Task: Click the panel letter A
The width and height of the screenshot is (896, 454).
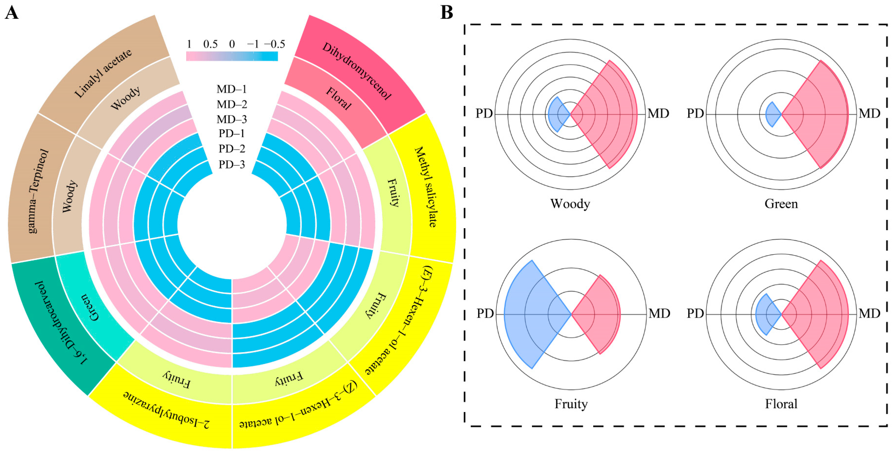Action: tap(12, 13)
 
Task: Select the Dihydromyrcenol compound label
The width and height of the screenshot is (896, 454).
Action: tap(357, 71)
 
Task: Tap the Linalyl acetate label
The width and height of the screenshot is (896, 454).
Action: tap(103, 73)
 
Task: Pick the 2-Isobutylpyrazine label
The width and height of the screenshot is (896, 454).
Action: tap(167, 410)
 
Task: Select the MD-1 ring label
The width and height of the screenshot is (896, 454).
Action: tap(232, 89)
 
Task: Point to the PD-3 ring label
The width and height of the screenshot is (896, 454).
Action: tap(232, 164)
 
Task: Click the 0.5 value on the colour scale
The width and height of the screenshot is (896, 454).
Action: tap(210, 44)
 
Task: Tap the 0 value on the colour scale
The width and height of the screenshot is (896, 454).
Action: tap(232, 44)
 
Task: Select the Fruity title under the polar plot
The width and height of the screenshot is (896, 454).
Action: tap(571, 404)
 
